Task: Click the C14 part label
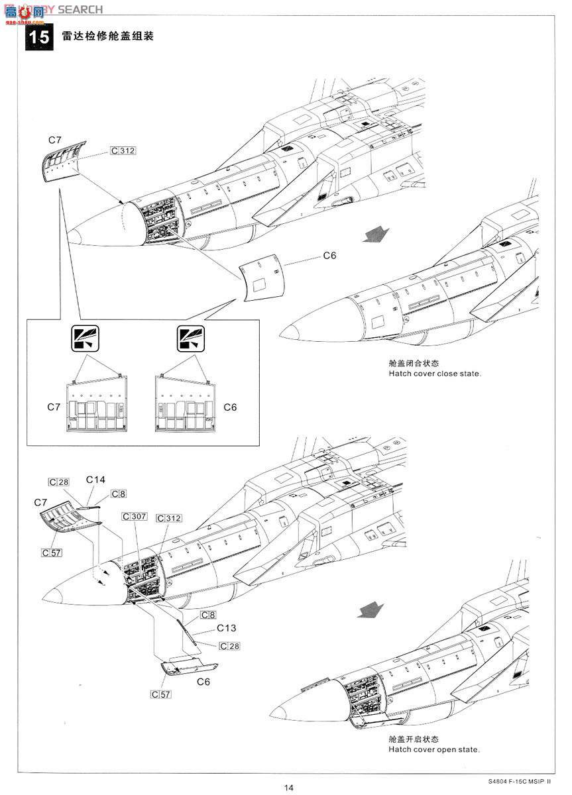(x=95, y=480)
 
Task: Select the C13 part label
(x=225, y=628)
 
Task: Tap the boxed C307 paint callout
(x=134, y=517)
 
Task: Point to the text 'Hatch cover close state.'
(x=435, y=374)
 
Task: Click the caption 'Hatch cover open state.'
(x=434, y=749)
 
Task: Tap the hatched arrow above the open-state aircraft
(x=371, y=609)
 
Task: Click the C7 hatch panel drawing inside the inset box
(x=96, y=405)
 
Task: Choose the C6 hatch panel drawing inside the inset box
(x=186, y=405)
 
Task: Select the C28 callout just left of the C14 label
(x=58, y=482)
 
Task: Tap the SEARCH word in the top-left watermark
(x=80, y=9)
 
